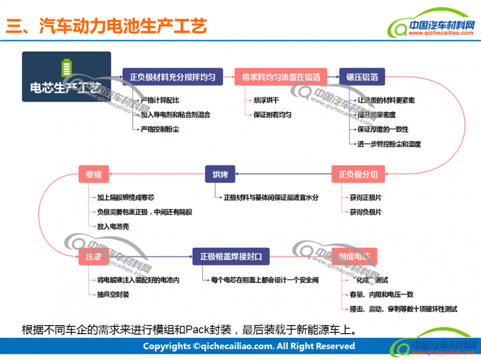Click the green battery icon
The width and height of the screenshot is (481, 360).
click(x=66, y=67)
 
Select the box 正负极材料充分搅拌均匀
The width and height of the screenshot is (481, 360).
click(x=172, y=77)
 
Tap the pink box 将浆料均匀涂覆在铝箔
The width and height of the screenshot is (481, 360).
click(x=281, y=77)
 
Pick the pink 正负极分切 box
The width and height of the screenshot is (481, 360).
click(x=358, y=175)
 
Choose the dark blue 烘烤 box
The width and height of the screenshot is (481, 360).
click(x=220, y=175)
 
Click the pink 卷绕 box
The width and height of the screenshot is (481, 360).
click(x=94, y=175)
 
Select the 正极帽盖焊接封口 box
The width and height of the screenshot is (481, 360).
click(x=231, y=257)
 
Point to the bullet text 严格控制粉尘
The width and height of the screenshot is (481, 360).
click(x=159, y=129)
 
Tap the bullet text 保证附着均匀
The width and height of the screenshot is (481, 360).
click(x=272, y=114)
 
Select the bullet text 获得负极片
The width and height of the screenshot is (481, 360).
click(x=365, y=212)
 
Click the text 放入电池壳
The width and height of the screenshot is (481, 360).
click(x=113, y=227)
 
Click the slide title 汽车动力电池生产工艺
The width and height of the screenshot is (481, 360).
click(x=123, y=27)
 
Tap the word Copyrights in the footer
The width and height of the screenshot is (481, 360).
click(x=166, y=346)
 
